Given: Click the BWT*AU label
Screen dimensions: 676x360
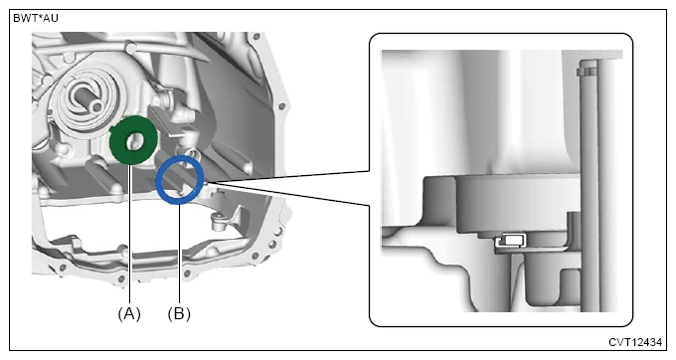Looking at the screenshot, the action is pos(36,19).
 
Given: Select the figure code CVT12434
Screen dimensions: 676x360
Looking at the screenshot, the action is pos(635,342).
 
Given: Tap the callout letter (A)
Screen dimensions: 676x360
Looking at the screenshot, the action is pos(129,313).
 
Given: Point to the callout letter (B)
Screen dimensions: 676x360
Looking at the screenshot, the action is pos(179,313).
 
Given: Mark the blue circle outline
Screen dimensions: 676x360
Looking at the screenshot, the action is pos(157,179).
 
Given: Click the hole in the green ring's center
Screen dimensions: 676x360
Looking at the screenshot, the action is pos(136,141).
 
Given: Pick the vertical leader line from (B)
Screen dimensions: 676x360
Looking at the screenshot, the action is pos(179,253).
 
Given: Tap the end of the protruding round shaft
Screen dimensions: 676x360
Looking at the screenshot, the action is pos(97,105).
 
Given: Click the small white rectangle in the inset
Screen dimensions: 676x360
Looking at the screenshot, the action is pos(513,239).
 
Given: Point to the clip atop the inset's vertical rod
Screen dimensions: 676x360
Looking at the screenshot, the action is pos(588,69).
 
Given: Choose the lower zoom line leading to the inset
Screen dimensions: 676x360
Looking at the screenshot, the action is pos(288,195).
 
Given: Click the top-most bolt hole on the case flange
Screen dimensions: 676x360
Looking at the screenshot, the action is pos(257,36).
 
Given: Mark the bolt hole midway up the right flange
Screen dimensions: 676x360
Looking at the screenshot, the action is pos(281,105).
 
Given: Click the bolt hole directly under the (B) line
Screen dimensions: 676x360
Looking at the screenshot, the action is pos(186,272).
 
